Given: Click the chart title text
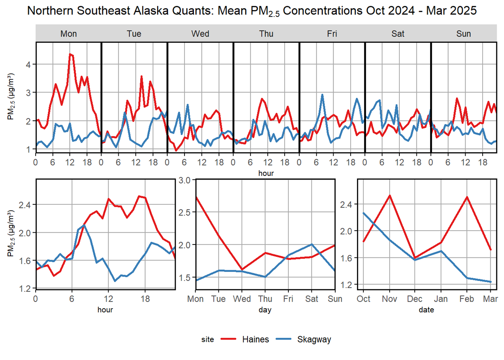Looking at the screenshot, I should (x=252, y=11).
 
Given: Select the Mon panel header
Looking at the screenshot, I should (x=68, y=34).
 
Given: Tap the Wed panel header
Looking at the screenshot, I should (x=200, y=34).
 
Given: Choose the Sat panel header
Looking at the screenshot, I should (x=398, y=34).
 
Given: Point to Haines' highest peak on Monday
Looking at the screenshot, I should (x=70, y=54).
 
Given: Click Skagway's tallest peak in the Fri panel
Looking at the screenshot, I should (x=322, y=95).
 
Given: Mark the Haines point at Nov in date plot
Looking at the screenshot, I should (x=389, y=196).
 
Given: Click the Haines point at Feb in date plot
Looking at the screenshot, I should (x=467, y=197).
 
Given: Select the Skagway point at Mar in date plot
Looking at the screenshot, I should (x=490, y=282).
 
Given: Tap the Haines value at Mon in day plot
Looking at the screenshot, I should (x=196, y=197).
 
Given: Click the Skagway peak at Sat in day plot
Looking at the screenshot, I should (x=312, y=244).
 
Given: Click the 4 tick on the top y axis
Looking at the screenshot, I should (x=29, y=64).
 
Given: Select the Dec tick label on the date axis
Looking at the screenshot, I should (x=415, y=299).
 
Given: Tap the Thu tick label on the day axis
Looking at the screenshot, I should (x=265, y=299).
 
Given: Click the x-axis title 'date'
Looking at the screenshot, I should (x=427, y=310).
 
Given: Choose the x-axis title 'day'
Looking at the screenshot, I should (x=265, y=310).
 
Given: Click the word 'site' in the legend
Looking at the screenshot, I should (x=208, y=340).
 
